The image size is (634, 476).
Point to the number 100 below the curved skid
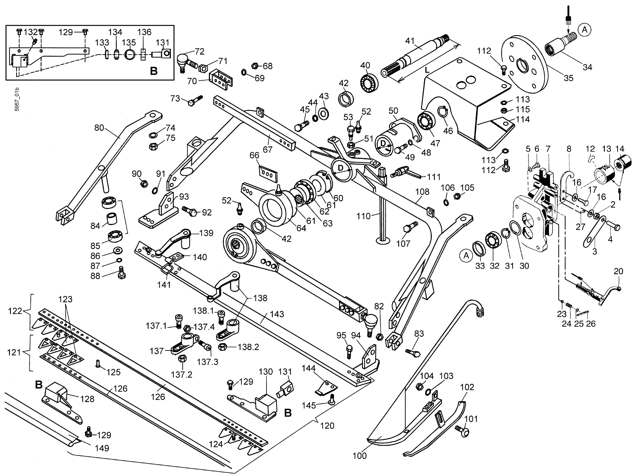(359, 455)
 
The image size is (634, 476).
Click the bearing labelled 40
(369, 83)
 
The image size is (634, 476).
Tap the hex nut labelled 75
(153, 146)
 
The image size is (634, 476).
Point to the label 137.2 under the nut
(182, 374)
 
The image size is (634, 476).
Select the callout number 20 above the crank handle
(618, 271)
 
